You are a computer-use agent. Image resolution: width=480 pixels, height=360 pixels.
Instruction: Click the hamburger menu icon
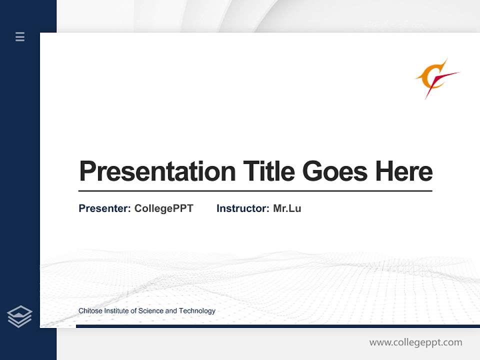point(20,36)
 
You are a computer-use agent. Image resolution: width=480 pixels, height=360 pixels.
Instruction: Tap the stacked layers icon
point(19,316)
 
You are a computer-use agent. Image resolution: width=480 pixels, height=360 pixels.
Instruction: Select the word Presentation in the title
point(157,171)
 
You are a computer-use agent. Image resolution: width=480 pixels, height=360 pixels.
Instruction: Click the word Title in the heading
point(268,171)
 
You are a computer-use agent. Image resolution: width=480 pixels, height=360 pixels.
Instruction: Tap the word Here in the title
point(403,171)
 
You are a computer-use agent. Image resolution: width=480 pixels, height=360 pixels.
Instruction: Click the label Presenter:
point(104,208)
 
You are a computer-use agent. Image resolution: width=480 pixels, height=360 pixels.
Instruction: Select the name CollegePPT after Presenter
point(163,208)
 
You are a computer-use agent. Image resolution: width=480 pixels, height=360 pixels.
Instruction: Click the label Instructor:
point(242,208)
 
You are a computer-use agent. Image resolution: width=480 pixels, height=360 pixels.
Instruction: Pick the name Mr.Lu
point(287,208)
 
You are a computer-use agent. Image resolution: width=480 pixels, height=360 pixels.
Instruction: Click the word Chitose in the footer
point(89,311)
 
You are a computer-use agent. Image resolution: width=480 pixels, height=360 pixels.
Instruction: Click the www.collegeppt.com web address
point(415,342)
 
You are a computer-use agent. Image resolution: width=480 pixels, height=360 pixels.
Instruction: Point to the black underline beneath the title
point(255,191)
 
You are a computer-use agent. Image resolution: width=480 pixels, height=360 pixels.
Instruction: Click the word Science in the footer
point(150,311)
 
